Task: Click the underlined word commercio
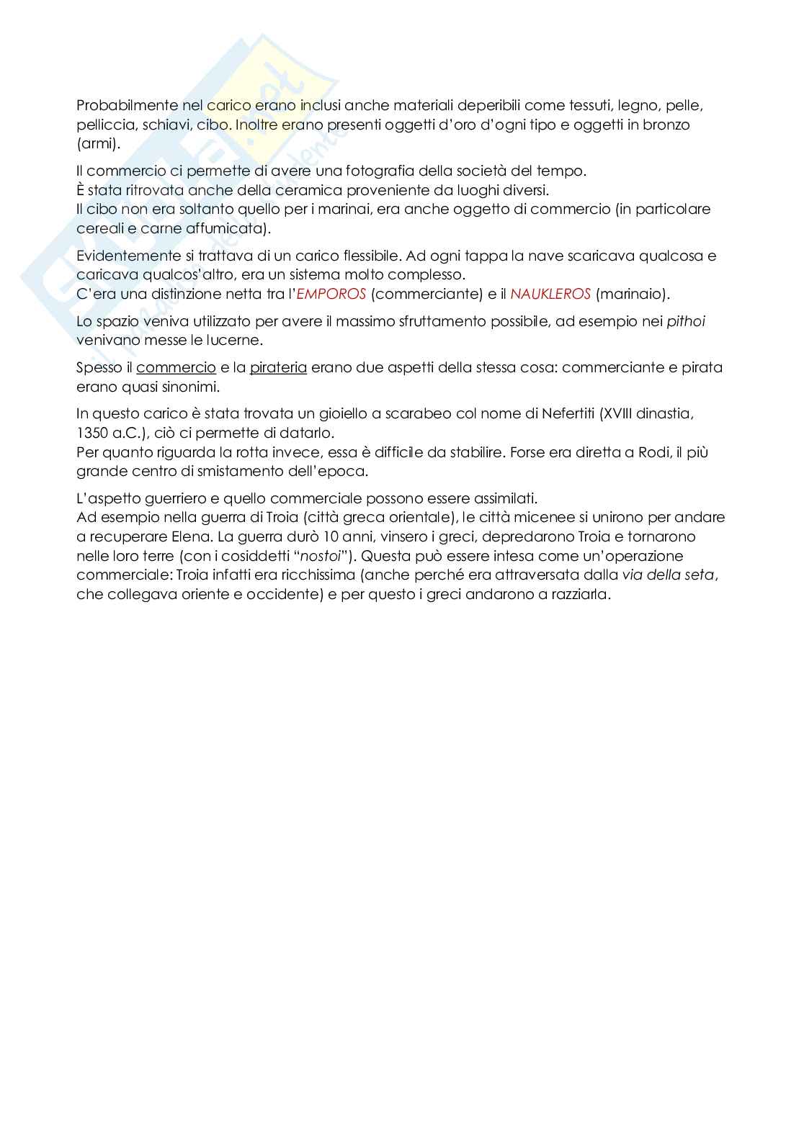[176, 367]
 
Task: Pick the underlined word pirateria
[278, 367]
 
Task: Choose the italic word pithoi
[685, 321]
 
